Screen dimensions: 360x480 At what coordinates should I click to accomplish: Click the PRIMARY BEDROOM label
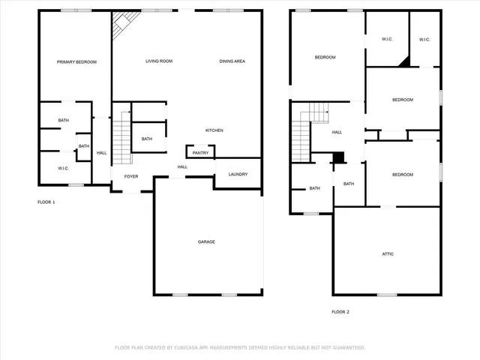[76, 61]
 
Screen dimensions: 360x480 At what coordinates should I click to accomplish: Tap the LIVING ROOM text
[159, 61]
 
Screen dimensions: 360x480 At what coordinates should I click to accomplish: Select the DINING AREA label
[232, 61]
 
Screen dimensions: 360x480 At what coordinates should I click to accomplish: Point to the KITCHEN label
[214, 130]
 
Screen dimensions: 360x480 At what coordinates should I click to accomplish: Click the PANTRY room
[200, 153]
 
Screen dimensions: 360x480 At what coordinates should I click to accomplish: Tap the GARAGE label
[206, 241]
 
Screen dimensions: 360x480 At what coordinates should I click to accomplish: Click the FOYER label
[131, 177]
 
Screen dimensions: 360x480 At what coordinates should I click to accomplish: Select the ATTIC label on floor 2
[388, 254]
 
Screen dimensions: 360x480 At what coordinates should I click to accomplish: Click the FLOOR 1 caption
[46, 202]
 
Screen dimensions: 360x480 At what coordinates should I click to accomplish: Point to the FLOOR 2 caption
[340, 312]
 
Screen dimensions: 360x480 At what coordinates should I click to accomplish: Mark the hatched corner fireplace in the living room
[121, 28]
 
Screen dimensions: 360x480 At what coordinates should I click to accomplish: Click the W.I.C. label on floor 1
[64, 168]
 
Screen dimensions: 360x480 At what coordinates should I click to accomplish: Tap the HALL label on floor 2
[337, 133]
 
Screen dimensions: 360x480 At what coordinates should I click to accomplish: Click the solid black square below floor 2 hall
[338, 157]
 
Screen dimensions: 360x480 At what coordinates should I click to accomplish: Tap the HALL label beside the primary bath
[101, 153]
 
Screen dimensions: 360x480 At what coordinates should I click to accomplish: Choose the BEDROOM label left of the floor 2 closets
[325, 58]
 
